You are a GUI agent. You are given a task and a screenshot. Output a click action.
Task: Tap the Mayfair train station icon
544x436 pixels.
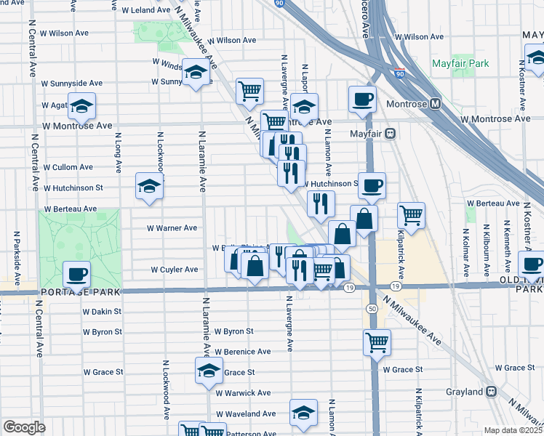click(x=390, y=134)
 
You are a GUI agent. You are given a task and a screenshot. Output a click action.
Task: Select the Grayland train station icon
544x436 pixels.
click(x=492, y=392)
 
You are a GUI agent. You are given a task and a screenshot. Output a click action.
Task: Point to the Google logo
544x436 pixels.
click(x=23, y=427)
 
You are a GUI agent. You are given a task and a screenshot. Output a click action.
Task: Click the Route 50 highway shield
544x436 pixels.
click(x=372, y=310)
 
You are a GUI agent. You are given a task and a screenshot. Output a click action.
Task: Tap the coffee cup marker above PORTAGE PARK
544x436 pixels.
click(x=76, y=275)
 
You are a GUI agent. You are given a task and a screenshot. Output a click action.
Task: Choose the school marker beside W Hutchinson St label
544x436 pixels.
click(x=149, y=186)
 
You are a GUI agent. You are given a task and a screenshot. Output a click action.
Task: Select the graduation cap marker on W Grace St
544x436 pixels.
click(x=209, y=371)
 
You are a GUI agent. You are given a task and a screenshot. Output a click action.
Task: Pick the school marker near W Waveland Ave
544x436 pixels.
click(x=304, y=413)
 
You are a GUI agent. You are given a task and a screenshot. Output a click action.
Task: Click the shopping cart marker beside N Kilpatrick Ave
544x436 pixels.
click(x=411, y=215)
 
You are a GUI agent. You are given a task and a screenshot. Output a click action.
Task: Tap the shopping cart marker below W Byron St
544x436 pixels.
click(x=377, y=342)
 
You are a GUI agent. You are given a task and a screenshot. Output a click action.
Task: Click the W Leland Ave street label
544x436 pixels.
click(x=145, y=11)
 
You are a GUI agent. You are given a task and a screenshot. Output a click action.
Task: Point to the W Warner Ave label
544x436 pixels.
click(x=172, y=228)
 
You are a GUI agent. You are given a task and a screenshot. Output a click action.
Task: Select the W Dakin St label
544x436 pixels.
click(x=102, y=312)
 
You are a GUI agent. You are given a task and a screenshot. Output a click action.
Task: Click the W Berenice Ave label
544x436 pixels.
click(x=243, y=352)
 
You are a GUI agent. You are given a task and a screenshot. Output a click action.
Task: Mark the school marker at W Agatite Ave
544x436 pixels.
click(x=82, y=106)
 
